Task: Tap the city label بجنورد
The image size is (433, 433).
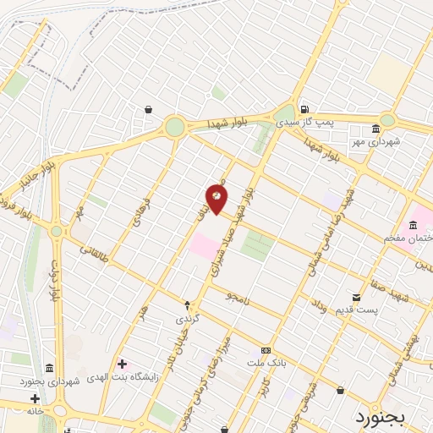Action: (x=381, y=416)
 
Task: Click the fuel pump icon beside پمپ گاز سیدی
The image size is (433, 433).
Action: (x=303, y=110)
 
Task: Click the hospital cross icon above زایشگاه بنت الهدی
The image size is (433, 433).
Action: (x=123, y=364)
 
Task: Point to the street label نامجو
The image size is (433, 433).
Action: (x=239, y=297)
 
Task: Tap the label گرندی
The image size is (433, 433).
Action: (x=187, y=320)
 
